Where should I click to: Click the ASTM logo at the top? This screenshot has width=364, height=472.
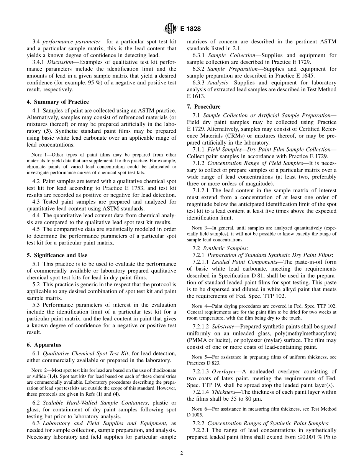click(x=170, y=28)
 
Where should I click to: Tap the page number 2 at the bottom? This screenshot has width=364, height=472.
click(x=182, y=453)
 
